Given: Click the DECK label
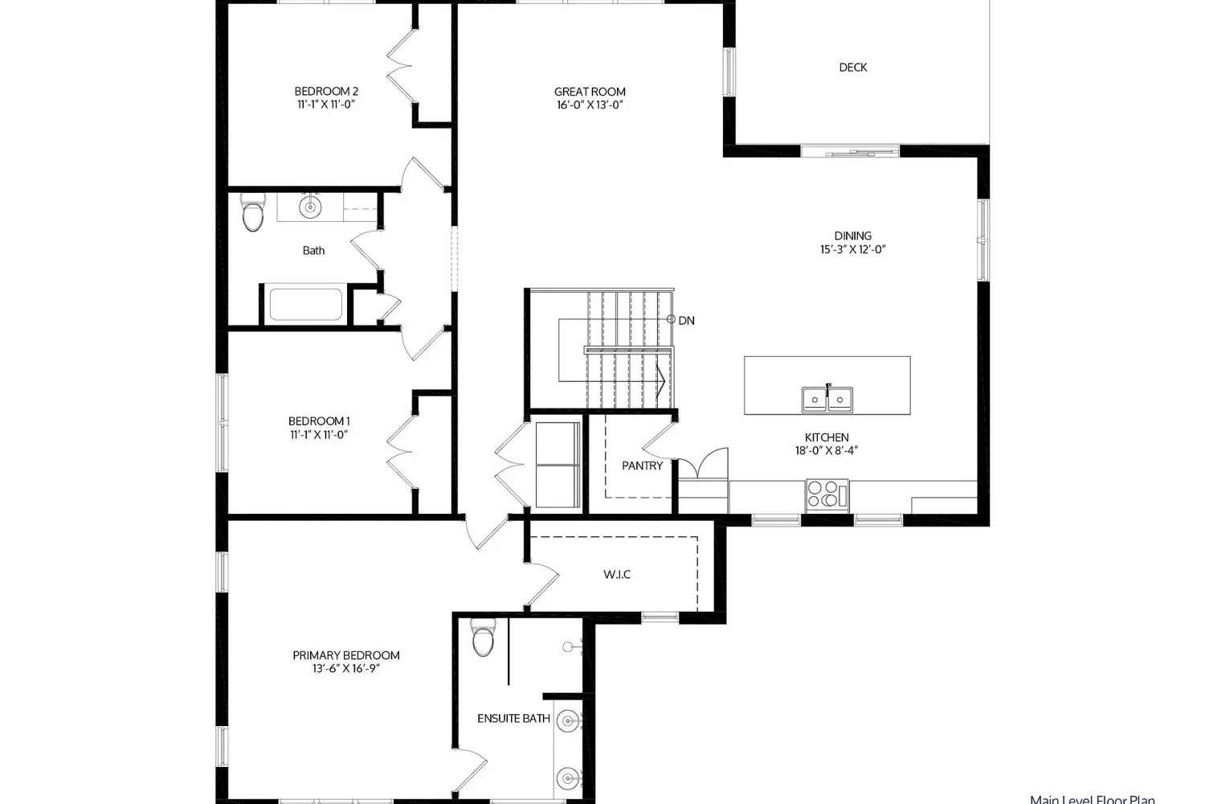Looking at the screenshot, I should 852,68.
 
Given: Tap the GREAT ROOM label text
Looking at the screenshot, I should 590,92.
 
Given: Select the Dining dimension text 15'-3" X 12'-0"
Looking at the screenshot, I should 852,249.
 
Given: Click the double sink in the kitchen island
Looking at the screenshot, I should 827,398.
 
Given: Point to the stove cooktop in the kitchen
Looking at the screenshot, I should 827,493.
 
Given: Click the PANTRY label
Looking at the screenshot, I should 642,466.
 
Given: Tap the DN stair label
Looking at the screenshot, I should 686,321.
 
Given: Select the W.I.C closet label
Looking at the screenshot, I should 617,574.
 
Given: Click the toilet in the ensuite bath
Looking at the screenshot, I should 483,640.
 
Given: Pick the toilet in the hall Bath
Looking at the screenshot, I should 252,215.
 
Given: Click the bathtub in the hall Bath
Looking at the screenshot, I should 305,305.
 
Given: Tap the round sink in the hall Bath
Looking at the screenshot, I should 310,207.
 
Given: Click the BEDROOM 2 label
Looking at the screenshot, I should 326,92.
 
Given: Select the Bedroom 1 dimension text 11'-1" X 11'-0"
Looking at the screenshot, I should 319,435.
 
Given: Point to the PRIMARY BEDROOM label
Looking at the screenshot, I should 345,655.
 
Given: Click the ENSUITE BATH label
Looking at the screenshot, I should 513,718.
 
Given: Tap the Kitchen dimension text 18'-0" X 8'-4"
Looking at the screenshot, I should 827,451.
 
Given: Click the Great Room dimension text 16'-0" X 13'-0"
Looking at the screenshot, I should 590,105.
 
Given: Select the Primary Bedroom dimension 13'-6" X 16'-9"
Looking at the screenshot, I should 345,669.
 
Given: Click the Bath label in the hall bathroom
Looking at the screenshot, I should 313,251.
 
